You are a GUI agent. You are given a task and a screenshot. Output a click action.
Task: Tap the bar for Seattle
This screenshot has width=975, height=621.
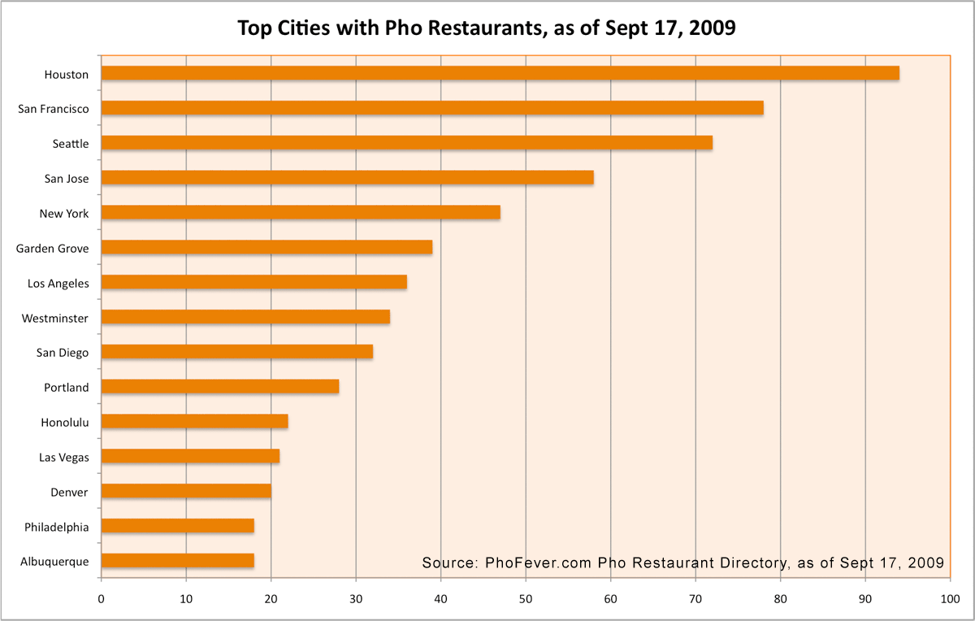[x=406, y=143]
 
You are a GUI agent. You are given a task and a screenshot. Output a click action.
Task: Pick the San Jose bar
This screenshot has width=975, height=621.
[x=347, y=178]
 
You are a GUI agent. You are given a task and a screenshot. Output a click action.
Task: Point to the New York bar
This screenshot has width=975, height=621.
[x=301, y=213]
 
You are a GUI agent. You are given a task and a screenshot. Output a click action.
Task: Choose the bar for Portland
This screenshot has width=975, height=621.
[x=220, y=387]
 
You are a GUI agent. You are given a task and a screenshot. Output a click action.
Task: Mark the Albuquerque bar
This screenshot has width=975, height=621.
[x=177, y=561]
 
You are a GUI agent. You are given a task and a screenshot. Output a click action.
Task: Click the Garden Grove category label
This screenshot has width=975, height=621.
[x=53, y=248]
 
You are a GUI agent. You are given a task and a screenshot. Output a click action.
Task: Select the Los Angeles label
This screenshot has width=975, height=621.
[x=58, y=283]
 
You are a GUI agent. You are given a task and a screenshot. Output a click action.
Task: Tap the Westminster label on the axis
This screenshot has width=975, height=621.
[x=55, y=318]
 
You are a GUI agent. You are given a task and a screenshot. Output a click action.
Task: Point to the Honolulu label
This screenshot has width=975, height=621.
[x=65, y=422]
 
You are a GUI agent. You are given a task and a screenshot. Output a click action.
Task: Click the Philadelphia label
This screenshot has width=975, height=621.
[x=56, y=527]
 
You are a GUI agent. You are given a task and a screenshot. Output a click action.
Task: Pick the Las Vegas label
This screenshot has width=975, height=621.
[x=64, y=457]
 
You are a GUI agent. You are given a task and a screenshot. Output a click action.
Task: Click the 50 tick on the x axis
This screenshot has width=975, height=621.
[x=526, y=600]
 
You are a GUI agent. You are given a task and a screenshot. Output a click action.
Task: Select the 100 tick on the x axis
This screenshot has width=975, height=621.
[x=950, y=600]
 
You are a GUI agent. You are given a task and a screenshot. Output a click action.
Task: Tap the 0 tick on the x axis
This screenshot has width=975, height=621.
[x=102, y=600]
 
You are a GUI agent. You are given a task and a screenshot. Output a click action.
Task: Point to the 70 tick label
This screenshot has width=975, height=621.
[x=695, y=600]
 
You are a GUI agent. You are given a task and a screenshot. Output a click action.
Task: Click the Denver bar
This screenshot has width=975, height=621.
[x=186, y=491]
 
